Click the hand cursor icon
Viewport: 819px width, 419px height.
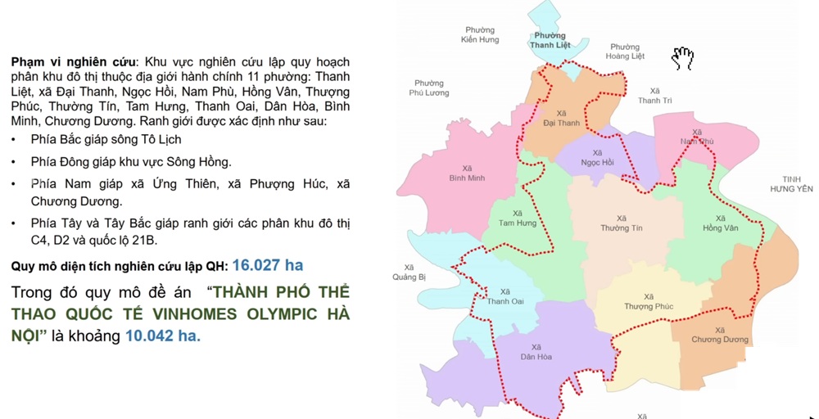point(682,57)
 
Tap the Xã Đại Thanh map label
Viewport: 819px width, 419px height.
point(561,119)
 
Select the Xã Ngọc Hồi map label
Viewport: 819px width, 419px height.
point(597,157)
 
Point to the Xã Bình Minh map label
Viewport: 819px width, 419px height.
point(467,173)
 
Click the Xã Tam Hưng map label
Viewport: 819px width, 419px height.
point(518,218)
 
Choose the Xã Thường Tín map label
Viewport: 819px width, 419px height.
point(621,223)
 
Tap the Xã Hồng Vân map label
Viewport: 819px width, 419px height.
point(720,223)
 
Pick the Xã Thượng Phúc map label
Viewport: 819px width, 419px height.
point(649,302)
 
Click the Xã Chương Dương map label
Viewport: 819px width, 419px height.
point(719,335)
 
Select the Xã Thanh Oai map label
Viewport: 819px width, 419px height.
point(505,296)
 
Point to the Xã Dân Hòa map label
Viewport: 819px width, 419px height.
point(536,352)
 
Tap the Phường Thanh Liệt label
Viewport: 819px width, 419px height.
point(550,40)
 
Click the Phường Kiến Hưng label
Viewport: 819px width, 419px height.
point(480,34)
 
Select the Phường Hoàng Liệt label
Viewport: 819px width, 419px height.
point(625,52)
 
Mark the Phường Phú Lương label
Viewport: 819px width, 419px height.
point(429,88)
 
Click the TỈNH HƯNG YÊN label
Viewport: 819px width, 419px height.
point(791,184)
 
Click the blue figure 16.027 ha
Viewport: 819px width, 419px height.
point(268,265)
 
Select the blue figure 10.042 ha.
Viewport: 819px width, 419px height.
point(163,336)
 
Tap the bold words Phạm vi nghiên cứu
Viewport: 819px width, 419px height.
point(73,62)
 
